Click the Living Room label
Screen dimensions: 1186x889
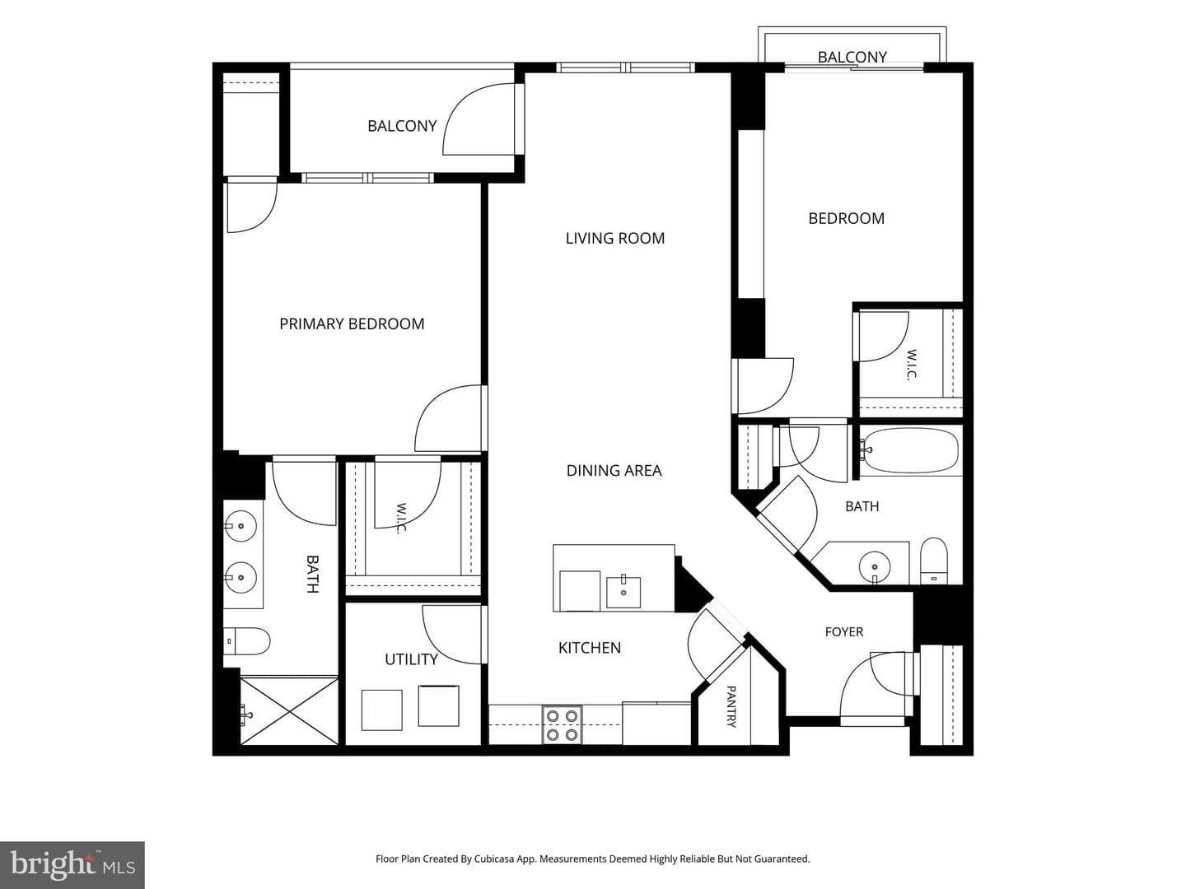coord(615,238)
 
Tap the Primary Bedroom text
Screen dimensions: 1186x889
coord(352,323)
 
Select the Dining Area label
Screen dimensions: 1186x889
coord(614,471)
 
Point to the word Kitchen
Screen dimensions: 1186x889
coord(590,648)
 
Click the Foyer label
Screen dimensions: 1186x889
coord(844,631)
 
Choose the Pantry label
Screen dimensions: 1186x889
coord(731,706)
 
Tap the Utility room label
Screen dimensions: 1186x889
coord(411,659)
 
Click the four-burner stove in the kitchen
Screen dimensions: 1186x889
coord(563,725)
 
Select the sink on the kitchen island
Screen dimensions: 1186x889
coord(623,592)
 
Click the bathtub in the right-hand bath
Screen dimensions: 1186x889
coord(910,451)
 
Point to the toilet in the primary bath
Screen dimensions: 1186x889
coord(247,641)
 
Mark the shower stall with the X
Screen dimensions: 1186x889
coord(289,711)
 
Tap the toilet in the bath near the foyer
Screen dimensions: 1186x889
coord(934,561)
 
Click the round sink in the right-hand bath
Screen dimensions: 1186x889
coord(874,567)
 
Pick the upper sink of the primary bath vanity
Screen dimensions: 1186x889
coord(240,526)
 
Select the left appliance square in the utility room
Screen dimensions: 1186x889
coord(382,710)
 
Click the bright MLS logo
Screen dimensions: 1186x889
coord(72,865)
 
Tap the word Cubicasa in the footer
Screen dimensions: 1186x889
coord(493,859)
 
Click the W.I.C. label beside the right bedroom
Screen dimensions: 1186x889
coord(911,365)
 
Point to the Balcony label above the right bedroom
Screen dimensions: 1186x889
coord(852,58)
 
